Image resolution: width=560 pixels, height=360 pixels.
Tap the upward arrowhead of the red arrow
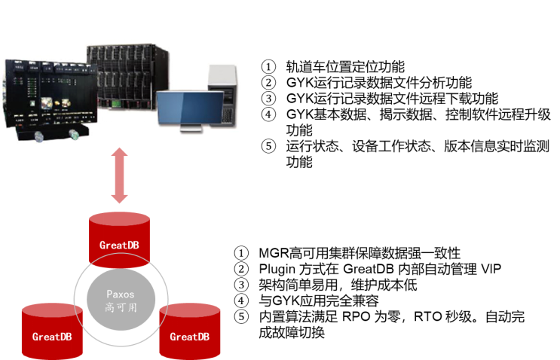pos(119,154)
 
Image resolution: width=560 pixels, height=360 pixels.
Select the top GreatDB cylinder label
pos(119,245)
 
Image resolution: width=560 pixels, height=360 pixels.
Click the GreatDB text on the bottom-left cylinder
pos(51,337)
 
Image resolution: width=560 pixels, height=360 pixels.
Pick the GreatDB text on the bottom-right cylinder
pos(189,337)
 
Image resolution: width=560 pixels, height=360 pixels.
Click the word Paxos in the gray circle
pos(120,294)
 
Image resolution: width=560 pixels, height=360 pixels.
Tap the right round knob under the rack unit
pos(74,135)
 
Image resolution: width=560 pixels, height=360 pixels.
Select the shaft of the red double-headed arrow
pos(119,176)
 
